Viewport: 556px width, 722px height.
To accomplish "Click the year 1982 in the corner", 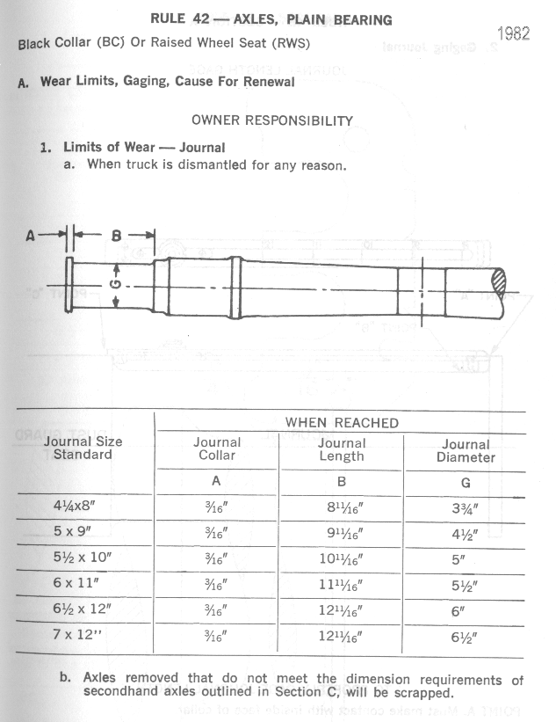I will click(x=515, y=33).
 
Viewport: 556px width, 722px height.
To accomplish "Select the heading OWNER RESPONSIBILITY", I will click(x=272, y=120).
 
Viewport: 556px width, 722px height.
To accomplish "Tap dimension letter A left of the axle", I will click(x=31, y=235).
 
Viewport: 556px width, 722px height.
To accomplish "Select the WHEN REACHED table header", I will click(x=342, y=423).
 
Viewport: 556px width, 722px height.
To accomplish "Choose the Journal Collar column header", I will click(x=217, y=449).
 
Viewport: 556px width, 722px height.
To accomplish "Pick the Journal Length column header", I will click(x=342, y=449).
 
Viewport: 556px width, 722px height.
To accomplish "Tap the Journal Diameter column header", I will click(x=466, y=451).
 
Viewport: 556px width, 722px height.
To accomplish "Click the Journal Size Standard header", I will click(x=83, y=448).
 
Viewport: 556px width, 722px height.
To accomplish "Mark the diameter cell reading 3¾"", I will click(x=466, y=508).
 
